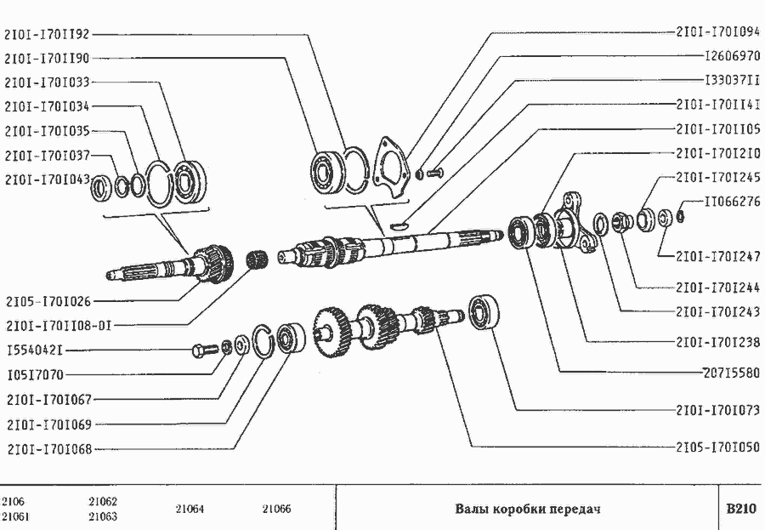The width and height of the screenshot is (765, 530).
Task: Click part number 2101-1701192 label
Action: click(x=48, y=34)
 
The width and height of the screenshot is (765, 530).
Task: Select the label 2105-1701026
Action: click(x=48, y=301)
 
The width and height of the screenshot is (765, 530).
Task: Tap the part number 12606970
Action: click(x=733, y=55)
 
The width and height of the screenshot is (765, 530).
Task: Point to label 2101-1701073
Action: click(x=718, y=410)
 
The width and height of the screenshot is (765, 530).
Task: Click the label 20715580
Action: click(x=732, y=373)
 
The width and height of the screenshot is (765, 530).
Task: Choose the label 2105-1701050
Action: click(x=718, y=447)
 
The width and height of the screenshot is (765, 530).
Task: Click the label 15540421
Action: click(x=35, y=350)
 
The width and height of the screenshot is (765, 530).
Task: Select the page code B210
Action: click(x=741, y=509)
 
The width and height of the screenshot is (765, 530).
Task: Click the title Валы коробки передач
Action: click(x=527, y=509)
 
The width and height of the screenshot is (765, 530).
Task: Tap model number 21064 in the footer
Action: click(x=190, y=509)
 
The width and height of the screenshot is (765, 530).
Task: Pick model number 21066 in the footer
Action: click(x=276, y=509)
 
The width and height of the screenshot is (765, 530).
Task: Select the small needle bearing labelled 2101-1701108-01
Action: click(x=257, y=258)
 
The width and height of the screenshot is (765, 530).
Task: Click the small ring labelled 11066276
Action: click(x=681, y=215)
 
